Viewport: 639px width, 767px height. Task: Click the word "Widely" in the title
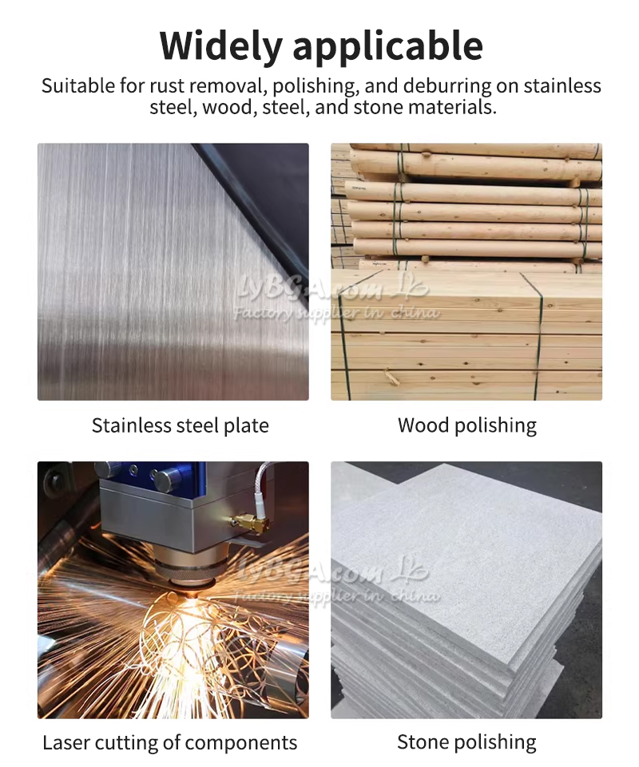click(220, 45)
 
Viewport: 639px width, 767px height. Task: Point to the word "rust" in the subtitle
click(167, 86)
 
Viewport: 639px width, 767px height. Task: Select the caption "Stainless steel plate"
click(181, 425)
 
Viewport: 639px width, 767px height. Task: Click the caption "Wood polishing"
click(467, 425)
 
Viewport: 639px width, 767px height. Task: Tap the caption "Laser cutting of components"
click(170, 742)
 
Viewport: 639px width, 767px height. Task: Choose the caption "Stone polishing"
click(466, 742)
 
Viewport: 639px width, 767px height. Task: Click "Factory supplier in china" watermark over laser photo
click(337, 595)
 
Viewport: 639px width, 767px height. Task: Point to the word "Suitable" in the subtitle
click(77, 85)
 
